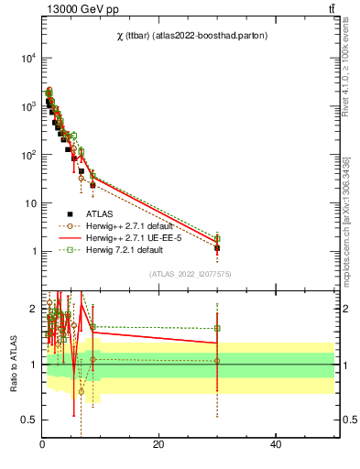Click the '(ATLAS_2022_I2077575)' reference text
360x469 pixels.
click(x=189, y=273)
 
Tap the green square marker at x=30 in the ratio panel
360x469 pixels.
click(x=217, y=328)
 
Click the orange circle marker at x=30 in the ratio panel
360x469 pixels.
click(x=217, y=361)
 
